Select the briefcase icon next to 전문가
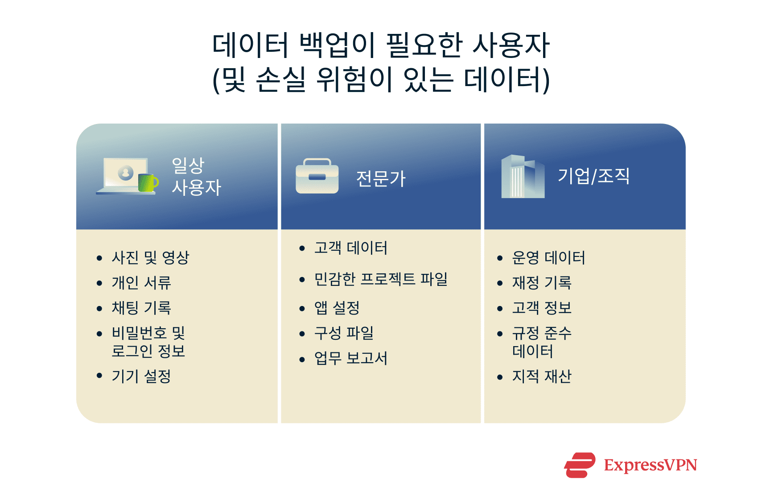point(317,177)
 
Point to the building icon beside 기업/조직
point(523,177)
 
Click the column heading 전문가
point(381,179)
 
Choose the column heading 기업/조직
point(593,176)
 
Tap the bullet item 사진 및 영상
point(150,257)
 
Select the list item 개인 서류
point(141,282)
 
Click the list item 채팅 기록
point(141,308)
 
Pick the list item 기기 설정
point(141,376)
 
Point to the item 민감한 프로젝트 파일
point(381,279)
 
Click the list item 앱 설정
point(337,308)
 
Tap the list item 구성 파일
point(344,333)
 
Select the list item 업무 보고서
point(350,358)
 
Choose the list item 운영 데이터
point(548,257)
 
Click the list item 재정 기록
point(542,282)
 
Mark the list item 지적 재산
point(542,376)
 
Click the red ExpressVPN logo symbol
point(580,465)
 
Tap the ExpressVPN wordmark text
point(650,465)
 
